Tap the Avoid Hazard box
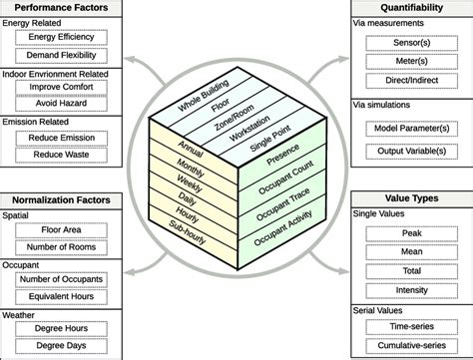62,102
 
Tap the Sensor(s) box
409,42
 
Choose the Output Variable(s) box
409,151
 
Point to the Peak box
409,232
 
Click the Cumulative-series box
409,345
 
